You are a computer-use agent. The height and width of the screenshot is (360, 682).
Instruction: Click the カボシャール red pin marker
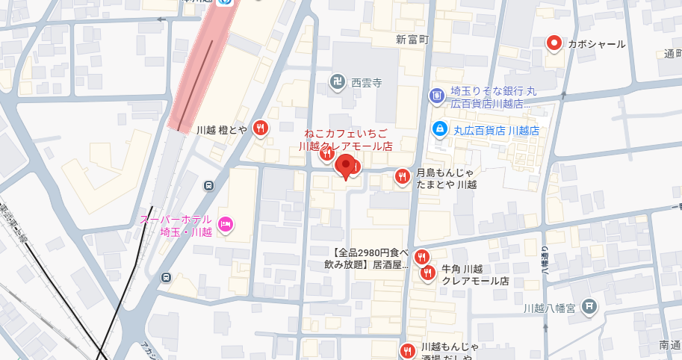tap(554, 43)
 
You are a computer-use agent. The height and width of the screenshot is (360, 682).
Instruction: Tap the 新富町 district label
tap(412, 39)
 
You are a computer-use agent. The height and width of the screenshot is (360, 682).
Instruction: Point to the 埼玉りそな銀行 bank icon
tap(436, 96)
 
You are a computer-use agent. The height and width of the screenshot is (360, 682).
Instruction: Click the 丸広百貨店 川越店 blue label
tap(496, 131)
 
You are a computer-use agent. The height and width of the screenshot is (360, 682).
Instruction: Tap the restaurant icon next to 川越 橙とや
tap(261, 128)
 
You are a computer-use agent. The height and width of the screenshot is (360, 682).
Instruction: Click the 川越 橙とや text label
tap(221, 129)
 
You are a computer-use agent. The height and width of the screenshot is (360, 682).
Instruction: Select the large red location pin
tap(344, 167)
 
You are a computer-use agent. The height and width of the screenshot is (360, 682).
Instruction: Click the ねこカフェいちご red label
tap(345, 140)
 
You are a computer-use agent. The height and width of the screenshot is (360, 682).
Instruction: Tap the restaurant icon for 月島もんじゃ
tap(402, 176)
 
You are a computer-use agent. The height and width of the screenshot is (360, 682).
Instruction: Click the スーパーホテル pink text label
tap(176, 226)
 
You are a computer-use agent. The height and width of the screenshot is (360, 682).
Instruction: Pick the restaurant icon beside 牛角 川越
tap(428, 273)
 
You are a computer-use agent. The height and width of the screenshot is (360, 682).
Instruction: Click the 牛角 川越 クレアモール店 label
tap(475, 275)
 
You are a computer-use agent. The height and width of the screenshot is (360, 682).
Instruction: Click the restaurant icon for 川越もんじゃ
tap(407, 350)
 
